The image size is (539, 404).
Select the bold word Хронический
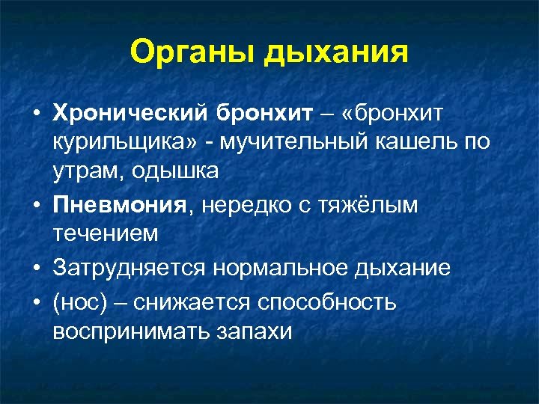(x=130, y=113)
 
